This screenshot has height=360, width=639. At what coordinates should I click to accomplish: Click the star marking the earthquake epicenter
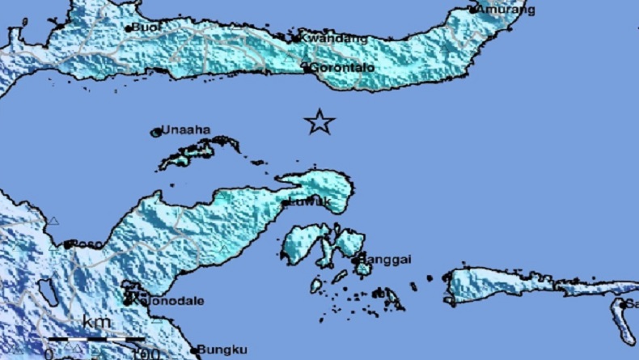click(320, 122)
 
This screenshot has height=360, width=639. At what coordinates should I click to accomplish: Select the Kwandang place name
click(332, 38)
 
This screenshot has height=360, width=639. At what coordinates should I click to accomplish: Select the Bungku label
click(222, 349)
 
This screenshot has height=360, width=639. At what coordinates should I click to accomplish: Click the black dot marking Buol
click(128, 28)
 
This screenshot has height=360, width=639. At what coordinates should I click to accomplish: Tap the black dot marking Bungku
click(197, 350)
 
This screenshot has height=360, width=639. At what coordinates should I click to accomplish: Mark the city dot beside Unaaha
click(156, 132)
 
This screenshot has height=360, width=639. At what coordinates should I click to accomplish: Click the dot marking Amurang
click(474, 10)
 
